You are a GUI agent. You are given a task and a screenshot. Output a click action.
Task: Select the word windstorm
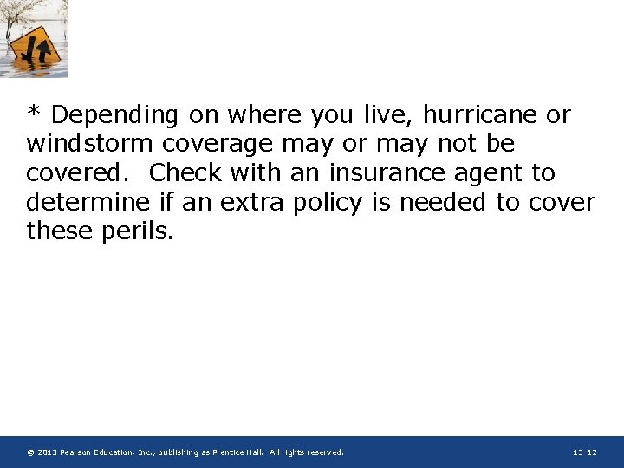(x=89, y=144)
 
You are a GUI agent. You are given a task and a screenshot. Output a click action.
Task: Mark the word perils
(x=139, y=232)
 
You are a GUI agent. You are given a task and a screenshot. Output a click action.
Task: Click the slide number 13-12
(x=585, y=452)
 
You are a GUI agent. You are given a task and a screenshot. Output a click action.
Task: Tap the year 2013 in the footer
(x=47, y=452)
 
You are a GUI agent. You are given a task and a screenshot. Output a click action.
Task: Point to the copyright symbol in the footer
(x=30, y=452)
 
